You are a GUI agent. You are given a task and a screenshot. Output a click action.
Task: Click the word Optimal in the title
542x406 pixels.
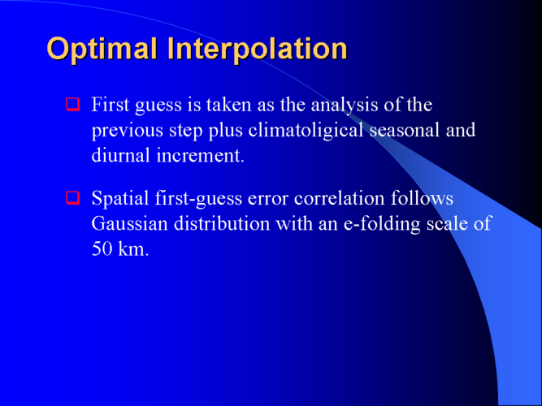pyautogui.click(x=102, y=50)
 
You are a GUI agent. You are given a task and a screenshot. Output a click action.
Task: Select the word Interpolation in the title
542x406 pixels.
pyautogui.click(x=258, y=50)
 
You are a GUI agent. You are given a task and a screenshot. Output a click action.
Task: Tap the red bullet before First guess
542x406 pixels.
pyautogui.click(x=72, y=105)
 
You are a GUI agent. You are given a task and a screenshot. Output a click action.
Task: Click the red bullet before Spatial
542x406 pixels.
pyautogui.click(x=72, y=198)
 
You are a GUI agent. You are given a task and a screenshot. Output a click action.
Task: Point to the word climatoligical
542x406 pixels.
pyautogui.click(x=306, y=131)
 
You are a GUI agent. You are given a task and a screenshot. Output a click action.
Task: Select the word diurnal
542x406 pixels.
pyautogui.click(x=121, y=155)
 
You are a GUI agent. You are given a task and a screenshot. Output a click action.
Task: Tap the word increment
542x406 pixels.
pyautogui.click(x=201, y=156)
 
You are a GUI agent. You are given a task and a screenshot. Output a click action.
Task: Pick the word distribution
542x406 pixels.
pyautogui.click(x=222, y=223)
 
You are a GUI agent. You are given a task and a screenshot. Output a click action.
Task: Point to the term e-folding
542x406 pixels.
pyautogui.click(x=382, y=224)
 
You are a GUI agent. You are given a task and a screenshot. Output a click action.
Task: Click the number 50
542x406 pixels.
pyautogui.click(x=102, y=248)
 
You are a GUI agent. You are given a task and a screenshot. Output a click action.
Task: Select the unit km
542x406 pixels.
pyautogui.click(x=133, y=248)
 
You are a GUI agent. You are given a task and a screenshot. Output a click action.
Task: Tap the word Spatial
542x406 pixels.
pyautogui.click(x=120, y=199)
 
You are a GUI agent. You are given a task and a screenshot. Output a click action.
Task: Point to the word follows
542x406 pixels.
pyautogui.click(x=422, y=198)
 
